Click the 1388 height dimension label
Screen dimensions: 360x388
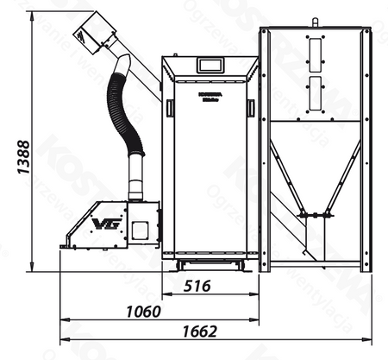[24, 159]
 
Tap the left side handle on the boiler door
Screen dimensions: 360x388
[170, 107]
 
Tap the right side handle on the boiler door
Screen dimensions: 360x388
[250, 107]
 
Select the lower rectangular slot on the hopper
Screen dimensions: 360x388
[316, 92]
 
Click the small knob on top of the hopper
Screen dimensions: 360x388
[316, 22]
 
